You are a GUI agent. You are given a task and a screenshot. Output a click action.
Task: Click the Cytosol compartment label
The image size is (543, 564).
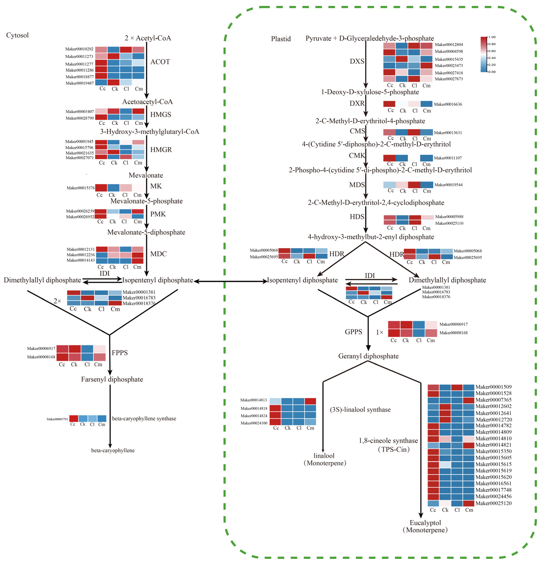[17, 35]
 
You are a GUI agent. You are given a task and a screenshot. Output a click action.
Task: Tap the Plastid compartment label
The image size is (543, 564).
[281, 39]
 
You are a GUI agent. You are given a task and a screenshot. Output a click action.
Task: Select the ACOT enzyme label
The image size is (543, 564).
[160, 62]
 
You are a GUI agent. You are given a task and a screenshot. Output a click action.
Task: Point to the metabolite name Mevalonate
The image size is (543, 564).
[146, 175]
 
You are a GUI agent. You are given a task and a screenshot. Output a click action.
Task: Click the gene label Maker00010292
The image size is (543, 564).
[79, 49]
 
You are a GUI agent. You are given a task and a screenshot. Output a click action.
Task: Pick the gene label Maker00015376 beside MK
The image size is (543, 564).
[81, 188]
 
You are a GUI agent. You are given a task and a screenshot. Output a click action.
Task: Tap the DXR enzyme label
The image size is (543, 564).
[357, 103]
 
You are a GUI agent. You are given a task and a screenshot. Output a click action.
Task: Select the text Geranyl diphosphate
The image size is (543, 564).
[368, 356]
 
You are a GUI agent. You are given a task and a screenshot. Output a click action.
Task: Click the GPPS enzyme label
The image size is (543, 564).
[353, 332]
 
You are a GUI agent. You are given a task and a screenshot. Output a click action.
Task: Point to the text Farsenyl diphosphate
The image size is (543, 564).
[112, 379]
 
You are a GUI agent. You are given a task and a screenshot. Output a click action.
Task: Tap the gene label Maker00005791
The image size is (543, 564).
[57, 419]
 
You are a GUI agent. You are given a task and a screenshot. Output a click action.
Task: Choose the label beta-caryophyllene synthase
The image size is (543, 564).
[144, 418]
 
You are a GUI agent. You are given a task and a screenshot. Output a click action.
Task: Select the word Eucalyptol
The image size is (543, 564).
[425, 523]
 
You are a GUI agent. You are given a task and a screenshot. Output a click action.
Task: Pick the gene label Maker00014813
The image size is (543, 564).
[254, 400]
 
